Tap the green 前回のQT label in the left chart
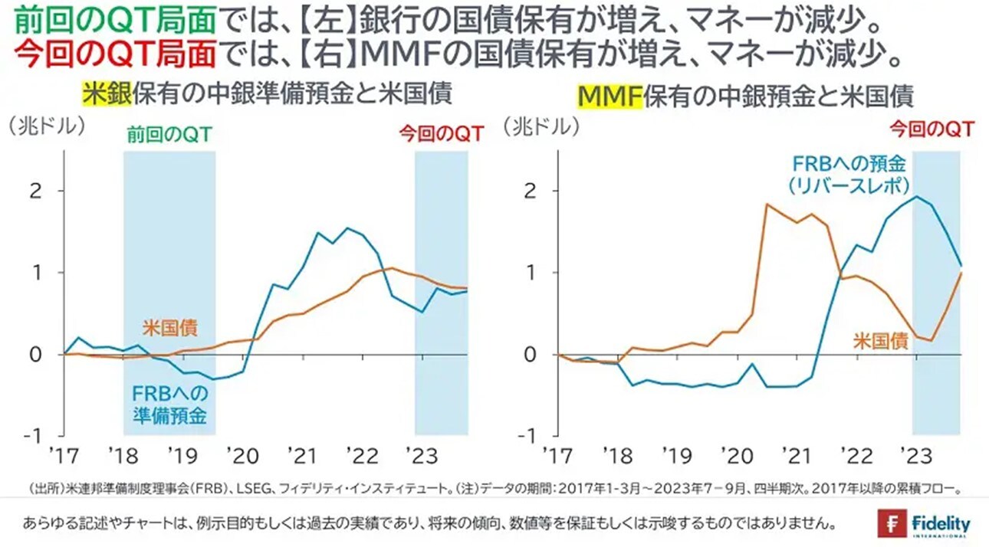tap(169, 135)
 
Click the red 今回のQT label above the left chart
tap(441, 135)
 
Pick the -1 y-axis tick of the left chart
tap(34, 436)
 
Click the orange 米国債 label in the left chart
tap(169, 328)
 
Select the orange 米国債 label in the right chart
tap(882, 341)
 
